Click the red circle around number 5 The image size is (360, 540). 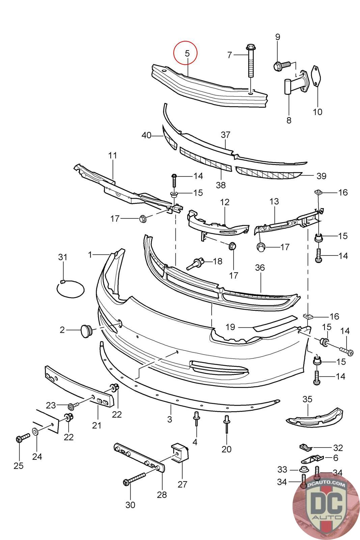click(185, 53)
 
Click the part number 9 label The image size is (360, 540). click(278, 37)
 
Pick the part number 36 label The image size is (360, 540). click(260, 268)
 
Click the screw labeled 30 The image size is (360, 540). click(135, 479)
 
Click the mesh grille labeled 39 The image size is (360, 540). click(268, 173)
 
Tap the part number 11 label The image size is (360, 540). click(113, 156)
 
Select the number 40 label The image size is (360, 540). click(146, 135)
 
